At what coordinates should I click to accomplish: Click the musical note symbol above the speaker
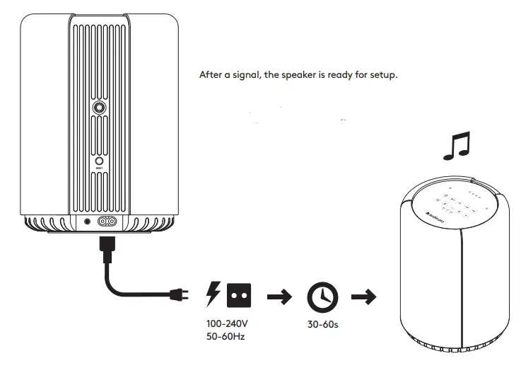point(456,147)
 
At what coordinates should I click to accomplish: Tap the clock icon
point(321,297)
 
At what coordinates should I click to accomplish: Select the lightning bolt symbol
point(211,294)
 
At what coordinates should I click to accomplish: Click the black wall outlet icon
point(239,295)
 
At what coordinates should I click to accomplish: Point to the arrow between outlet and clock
point(281,297)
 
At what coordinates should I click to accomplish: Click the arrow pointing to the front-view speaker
point(363,297)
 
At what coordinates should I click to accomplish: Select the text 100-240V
point(227,323)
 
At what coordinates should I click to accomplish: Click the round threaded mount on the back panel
point(100,108)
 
